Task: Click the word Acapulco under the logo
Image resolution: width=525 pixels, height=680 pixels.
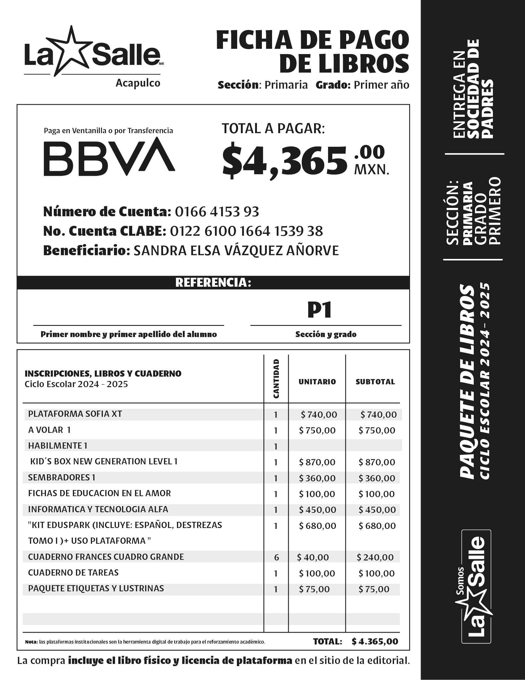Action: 138,83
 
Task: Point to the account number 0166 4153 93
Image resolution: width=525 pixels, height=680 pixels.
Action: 217,212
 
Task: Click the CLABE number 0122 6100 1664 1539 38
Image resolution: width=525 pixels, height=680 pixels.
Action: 246,231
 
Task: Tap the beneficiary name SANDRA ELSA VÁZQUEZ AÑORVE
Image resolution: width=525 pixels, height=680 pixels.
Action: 236,251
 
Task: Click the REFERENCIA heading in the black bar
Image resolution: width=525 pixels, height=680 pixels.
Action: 213,283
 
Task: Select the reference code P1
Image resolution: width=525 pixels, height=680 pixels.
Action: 320,310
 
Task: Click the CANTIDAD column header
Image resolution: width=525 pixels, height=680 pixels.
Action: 276,378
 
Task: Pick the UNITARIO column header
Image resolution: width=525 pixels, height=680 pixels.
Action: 317,382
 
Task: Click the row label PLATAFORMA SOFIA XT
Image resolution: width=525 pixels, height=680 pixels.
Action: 75,414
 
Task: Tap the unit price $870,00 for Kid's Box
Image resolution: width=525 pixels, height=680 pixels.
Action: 317,462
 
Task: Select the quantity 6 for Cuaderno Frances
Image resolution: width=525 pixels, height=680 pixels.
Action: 276,557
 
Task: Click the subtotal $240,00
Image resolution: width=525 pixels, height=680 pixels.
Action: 375,557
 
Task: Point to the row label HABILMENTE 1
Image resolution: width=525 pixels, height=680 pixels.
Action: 57,446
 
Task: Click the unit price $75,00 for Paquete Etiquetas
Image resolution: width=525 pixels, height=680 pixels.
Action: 314,589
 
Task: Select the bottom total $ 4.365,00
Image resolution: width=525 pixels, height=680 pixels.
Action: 375,641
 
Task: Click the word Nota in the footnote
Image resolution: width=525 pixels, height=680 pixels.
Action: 31,642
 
